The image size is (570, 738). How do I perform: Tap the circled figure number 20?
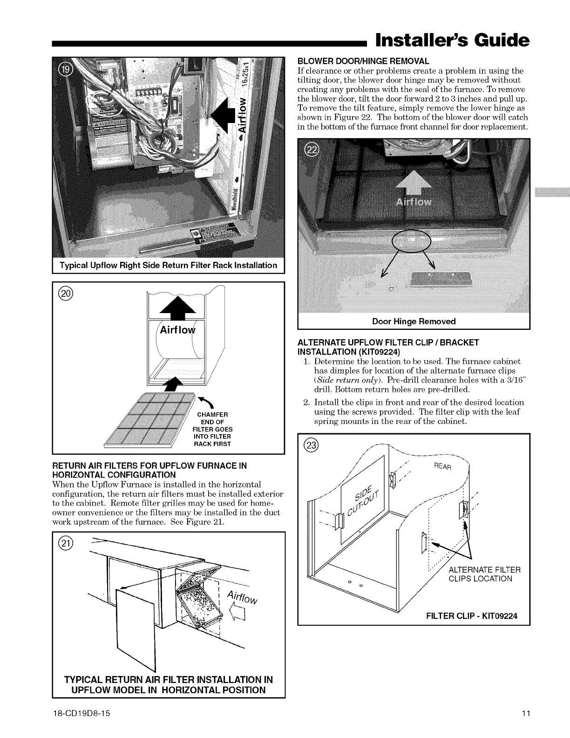(64, 293)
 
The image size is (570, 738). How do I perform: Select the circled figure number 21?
(64, 543)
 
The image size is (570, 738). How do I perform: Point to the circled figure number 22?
(310, 150)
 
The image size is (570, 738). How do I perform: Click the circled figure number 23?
(310, 445)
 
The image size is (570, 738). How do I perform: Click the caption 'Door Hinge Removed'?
(414, 321)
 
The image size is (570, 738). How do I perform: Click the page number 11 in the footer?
(526, 714)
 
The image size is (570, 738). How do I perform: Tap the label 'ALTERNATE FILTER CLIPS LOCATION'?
(484, 574)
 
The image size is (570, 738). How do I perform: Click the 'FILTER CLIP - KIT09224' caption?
(472, 616)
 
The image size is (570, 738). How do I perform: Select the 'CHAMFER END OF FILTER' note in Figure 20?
(212, 429)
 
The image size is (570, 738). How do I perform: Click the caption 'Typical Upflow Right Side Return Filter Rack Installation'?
(168, 266)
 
